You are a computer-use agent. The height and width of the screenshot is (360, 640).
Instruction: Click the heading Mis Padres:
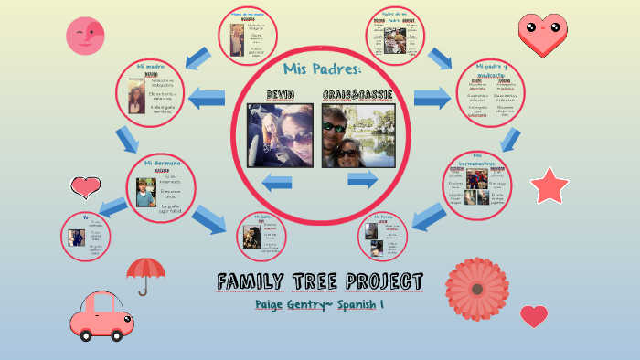coord(323,69)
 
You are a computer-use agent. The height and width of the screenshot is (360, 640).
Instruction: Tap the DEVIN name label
coord(280,95)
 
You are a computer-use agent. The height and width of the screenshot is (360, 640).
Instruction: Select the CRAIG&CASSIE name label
coord(357,95)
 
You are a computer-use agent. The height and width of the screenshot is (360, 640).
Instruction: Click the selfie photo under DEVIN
coord(281,135)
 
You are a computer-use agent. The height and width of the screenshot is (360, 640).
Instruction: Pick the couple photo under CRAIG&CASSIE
coord(357,135)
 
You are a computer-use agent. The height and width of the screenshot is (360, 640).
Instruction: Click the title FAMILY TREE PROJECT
coord(320,281)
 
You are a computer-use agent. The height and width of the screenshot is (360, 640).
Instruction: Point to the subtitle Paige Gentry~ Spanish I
coord(318,304)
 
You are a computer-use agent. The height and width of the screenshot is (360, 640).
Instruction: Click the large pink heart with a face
coord(542,34)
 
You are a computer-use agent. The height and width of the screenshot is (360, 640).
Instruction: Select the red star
coord(549,185)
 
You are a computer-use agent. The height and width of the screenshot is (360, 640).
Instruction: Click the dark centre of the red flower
coord(475,289)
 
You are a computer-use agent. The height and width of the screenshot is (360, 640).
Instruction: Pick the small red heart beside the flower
coord(534,316)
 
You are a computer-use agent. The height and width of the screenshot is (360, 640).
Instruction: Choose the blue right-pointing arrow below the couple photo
coord(361,180)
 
